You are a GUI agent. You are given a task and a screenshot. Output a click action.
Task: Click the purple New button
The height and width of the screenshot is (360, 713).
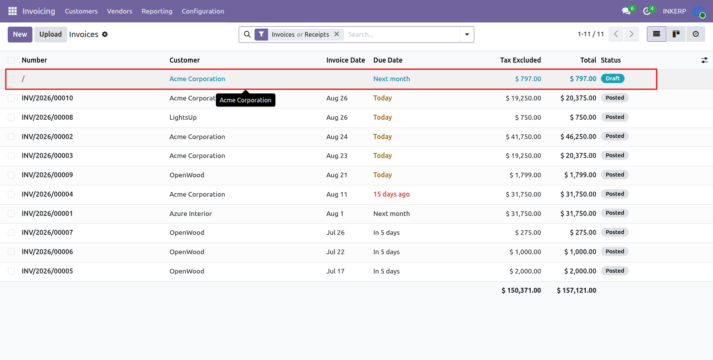click(x=20, y=34)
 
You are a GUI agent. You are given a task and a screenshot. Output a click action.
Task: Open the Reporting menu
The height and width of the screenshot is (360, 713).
click(x=157, y=11)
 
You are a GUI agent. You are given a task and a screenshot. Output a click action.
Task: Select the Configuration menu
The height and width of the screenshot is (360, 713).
click(x=203, y=11)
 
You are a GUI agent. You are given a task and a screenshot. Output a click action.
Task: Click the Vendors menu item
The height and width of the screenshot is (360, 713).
click(x=119, y=11)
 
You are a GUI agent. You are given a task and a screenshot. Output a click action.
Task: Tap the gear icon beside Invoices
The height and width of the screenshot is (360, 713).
click(x=105, y=34)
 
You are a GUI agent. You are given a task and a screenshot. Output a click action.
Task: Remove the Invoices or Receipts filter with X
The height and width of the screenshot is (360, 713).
click(x=337, y=34)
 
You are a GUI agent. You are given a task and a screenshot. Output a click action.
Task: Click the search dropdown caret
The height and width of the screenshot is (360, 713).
click(x=467, y=34)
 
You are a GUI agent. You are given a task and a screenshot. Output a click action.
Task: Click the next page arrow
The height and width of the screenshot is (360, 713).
click(x=632, y=34)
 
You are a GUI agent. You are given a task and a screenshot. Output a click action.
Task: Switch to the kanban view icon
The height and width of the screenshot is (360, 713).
click(x=676, y=34)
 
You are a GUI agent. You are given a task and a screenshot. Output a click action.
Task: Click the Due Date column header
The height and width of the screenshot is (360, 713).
click(x=388, y=60)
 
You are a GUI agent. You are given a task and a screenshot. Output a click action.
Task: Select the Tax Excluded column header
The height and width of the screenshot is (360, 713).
click(x=520, y=60)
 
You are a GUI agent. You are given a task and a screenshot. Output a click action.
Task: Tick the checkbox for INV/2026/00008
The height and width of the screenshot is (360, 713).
click(x=11, y=117)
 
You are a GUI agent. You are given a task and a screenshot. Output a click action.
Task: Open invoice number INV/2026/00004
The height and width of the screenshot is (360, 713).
click(x=47, y=194)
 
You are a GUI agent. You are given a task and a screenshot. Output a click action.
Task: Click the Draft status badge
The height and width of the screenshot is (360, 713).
click(x=613, y=78)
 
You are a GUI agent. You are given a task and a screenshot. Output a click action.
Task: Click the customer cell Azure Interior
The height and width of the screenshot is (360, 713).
click(x=190, y=214)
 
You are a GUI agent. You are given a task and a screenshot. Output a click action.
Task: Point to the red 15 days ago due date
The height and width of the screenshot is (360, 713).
click(x=391, y=194)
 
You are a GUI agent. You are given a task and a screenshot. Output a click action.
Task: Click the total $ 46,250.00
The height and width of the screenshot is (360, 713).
click(x=578, y=137)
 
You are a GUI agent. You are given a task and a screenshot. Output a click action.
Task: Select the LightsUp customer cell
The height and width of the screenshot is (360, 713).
click(x=183, y=117)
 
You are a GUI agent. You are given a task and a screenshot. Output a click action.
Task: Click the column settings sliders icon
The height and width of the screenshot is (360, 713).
click(x=705, y=60)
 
